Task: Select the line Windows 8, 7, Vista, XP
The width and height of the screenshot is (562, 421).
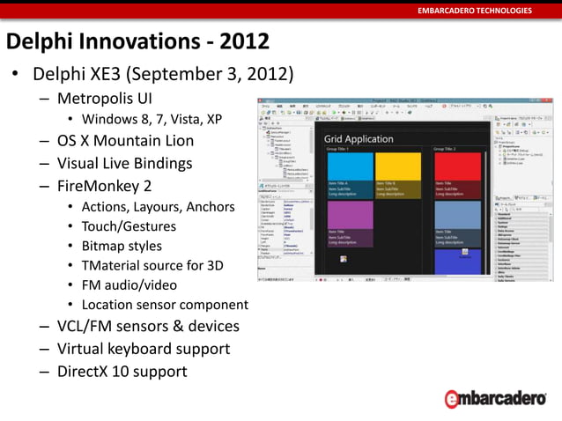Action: pos(152,119)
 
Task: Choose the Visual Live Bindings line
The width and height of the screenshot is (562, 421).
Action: pos(124,163)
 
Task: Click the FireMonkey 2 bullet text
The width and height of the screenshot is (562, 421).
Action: pos(104,185)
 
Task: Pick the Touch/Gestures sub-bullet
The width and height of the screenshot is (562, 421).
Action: pos(129,226)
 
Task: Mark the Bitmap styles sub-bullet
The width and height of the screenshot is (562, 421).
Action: pos(122,246)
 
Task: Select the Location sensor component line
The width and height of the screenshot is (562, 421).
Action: pos(165,305)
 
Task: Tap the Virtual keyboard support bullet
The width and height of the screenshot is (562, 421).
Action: pos(143,349)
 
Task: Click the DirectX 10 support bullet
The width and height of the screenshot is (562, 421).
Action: pos(122,371)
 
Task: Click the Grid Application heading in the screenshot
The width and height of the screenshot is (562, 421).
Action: pos(359,139)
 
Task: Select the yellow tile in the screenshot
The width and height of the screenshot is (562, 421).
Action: pos(398,166)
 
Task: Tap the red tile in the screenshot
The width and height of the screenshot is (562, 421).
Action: pos(457,166)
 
